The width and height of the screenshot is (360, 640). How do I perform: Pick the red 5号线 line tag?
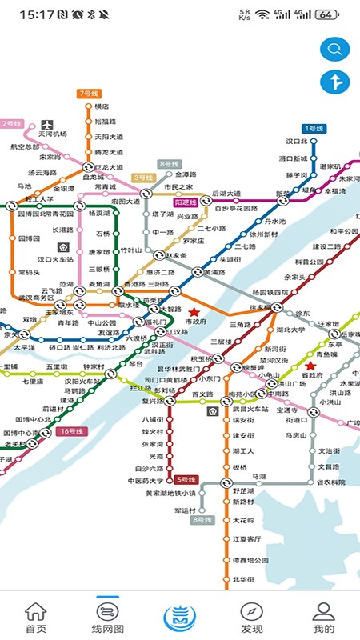point(186,480)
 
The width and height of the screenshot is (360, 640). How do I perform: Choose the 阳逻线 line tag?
point(185,203)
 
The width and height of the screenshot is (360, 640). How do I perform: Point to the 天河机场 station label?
point(54,134)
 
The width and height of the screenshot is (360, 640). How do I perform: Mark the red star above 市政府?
point(193,310)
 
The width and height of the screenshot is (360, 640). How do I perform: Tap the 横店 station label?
point(102,107)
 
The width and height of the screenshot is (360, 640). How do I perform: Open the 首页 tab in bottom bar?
point(35,617)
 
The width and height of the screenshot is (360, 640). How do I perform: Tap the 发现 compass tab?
point(251,617)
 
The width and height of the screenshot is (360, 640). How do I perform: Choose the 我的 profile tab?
point(323,617)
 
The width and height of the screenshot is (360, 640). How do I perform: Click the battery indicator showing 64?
point(326,14)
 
